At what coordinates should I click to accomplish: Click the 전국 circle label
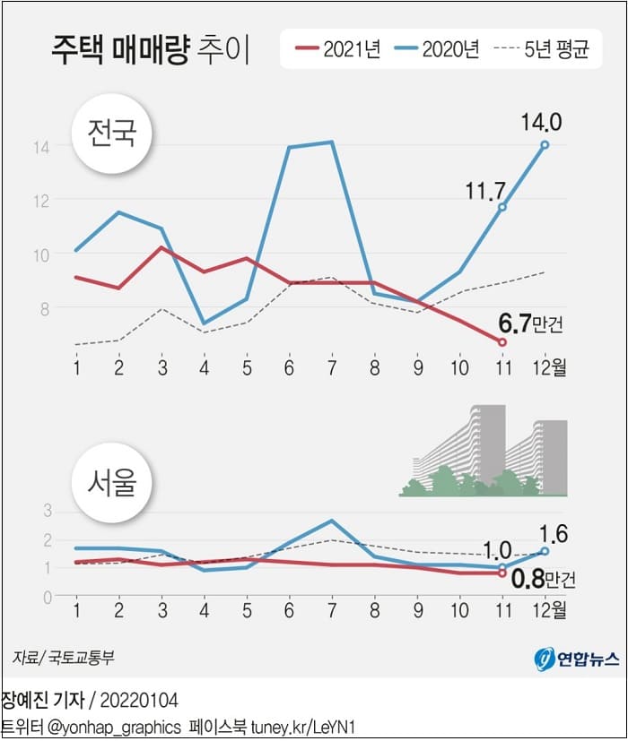(x=110, y=134)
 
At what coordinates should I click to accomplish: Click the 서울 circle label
(x=110, y=483)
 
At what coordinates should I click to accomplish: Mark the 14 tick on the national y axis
(x=43, y=146)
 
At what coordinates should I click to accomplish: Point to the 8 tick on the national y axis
(x=43, y=308)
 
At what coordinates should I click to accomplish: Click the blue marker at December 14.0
(x=545, y=145)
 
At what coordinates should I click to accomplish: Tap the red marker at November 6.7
(x=502, y=342)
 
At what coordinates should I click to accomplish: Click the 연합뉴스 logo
(x=577, y=659)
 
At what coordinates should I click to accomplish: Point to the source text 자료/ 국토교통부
(x=64, y=658)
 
